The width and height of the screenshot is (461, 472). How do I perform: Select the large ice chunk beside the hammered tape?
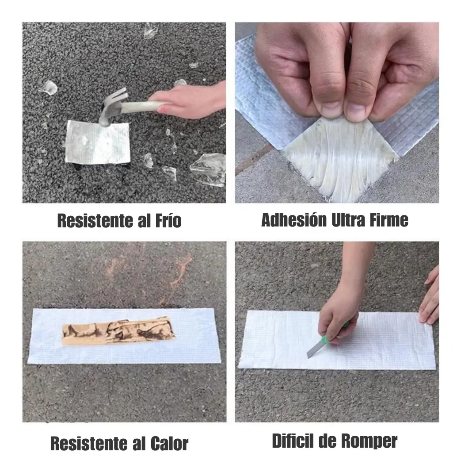coord(209,169)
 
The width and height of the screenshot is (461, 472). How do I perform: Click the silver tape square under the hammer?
coord(98,142)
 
